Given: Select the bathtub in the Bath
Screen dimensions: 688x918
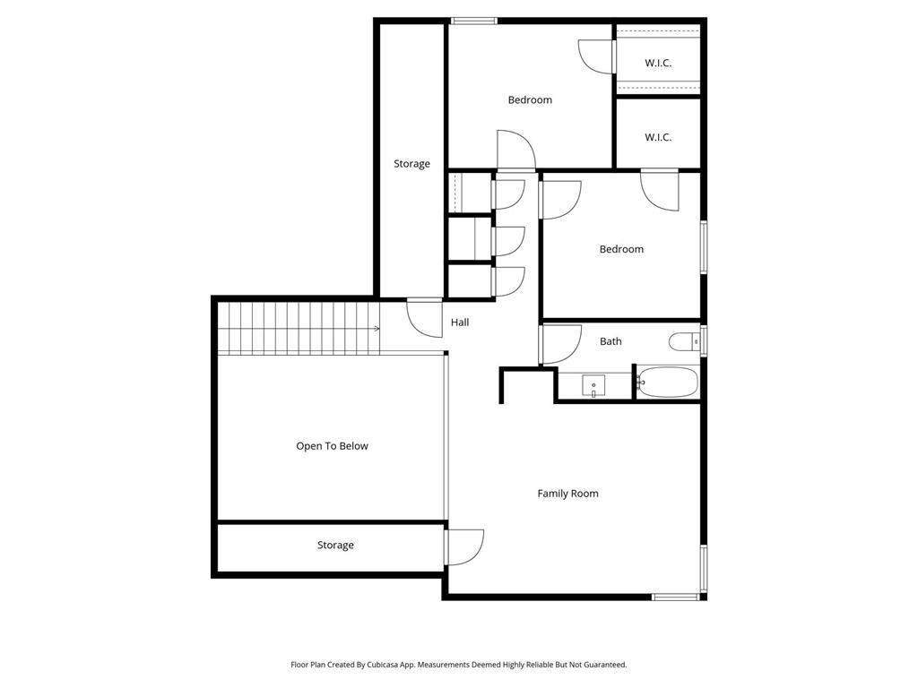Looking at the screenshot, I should pyautogui.click(x=667, y=382).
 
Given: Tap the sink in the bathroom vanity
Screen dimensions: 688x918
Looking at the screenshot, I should pyautogui.click(x=593, y=386).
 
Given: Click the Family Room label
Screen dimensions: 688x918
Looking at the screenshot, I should pyautogui.click(x=567, y=494).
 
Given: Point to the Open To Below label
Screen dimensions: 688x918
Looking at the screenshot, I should pyautogui.click(x=332, y=446).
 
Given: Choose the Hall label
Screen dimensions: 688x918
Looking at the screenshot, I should pyautogui.click(x=460, y=322).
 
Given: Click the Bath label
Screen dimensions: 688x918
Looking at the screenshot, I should pyautogui.click(x=611, y=341).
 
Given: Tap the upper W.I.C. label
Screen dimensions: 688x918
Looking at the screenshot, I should pyautogui.click(x=658, y=64).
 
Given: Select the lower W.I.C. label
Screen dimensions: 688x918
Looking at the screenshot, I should pyautogui.click(x=658, y=138).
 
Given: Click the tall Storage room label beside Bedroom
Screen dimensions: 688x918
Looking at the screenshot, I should pyautogui.click(x=411, y=164).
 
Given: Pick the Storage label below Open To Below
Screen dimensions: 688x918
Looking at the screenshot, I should pyautogui.click(x=335, y=546).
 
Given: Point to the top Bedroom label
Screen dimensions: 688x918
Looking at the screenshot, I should pyautogui.click(x=530, y=100).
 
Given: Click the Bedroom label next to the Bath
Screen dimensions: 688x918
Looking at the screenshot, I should pyautogui.click(x=621, y=250).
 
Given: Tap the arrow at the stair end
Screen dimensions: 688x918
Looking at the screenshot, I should pyautogui.click(x=377, y=328).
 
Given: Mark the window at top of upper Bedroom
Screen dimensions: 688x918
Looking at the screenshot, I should pyautogui.click(x=474, y=21).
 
